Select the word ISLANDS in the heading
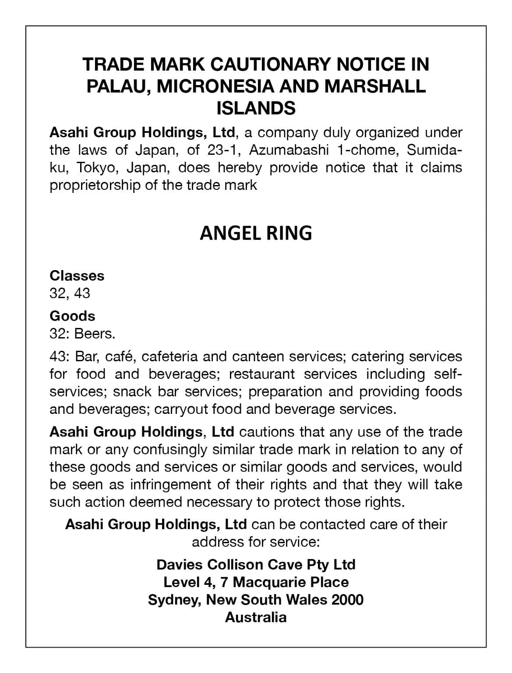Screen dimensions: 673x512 pos(256,108)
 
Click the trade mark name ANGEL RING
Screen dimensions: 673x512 pos(256,233)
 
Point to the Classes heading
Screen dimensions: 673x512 pos(77,276)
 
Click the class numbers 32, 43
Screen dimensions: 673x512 pos(70,293)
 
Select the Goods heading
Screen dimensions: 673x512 pos(72,316)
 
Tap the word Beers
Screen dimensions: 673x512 pos(95,334)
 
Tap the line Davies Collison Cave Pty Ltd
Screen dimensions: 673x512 pos(256,564)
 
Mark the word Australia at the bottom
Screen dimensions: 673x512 pos(256,617)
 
